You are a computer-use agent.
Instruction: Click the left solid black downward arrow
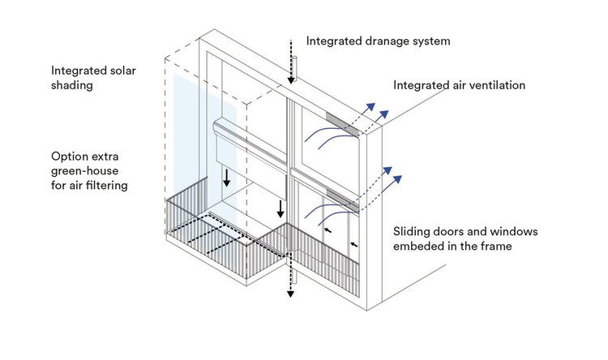click(x=227, y=176)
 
